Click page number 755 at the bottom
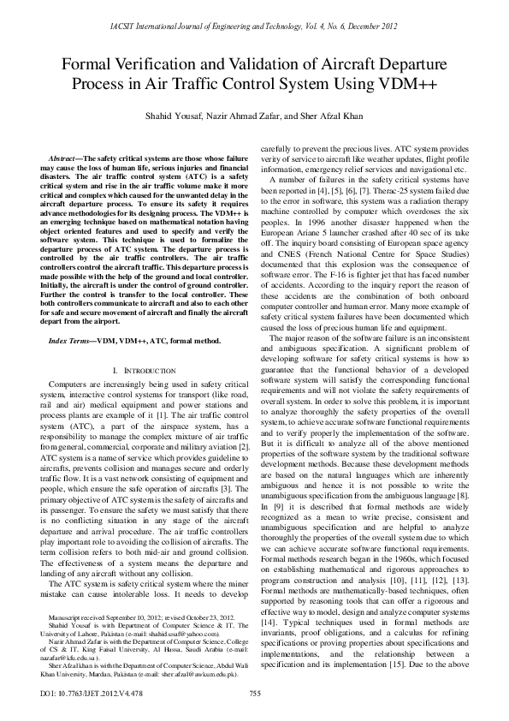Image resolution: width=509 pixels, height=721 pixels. coord(254,693)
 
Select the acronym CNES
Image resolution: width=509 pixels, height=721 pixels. coord(284,253)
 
